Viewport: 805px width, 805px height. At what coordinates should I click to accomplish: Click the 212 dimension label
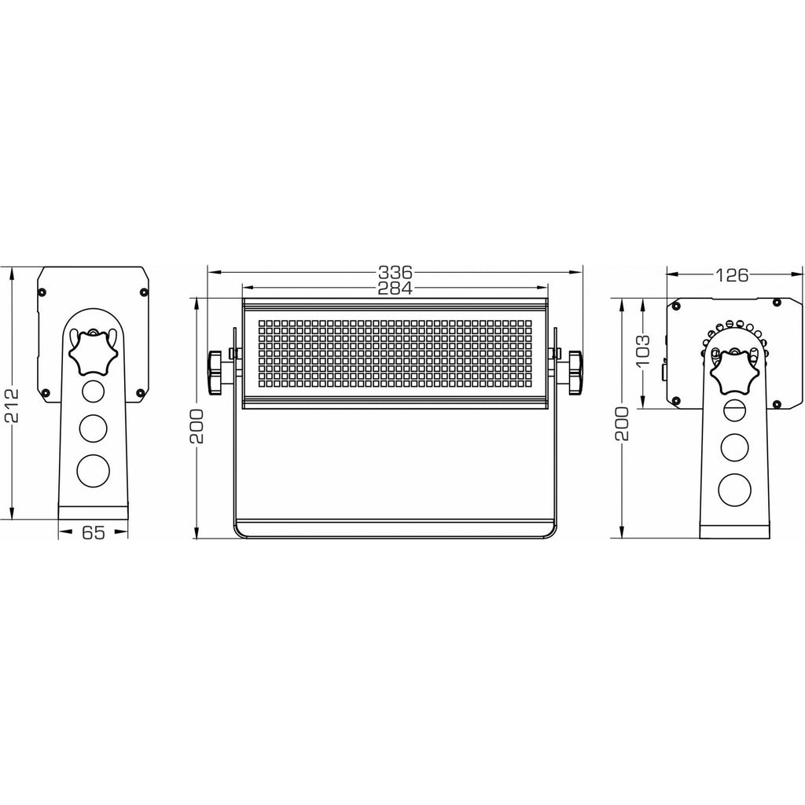(x=11, y=405)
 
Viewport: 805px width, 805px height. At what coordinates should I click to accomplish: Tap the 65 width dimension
(x=94, y=532)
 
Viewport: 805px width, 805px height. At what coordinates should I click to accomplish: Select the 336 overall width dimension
(x=395, y=271)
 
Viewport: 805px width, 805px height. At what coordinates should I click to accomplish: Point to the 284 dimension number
(x=395, y=289)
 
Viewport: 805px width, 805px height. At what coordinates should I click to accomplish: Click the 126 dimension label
(x=732, y=276)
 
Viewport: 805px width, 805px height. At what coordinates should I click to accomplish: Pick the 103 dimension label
(x=642, y=350)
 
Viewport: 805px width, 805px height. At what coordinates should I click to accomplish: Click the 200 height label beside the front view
(x=197, y=426)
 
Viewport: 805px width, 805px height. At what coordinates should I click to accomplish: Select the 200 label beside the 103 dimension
(x=621, y=423)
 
